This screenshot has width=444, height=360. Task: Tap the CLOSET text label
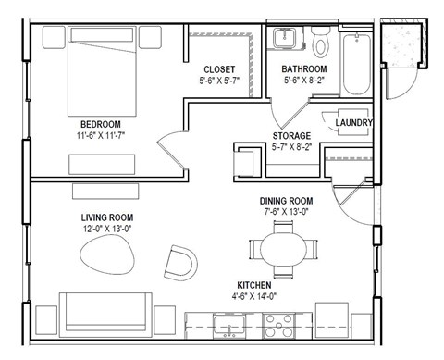pyautogui.click(x=219, y=69)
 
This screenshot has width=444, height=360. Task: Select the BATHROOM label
pyautogui.click(x=304, y=69)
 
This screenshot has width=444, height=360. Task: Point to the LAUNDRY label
pyautogui.click(x=353, y=122)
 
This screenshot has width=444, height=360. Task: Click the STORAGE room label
pyautogui.click(x=290, y=136)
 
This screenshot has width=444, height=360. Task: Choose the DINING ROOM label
pyautogui.click(x=285, y=201)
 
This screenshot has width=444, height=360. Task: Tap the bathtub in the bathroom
pyautogui.click(x=356, y=63)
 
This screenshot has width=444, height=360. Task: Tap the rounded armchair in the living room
pyautogui.click(x=180, y=263)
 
